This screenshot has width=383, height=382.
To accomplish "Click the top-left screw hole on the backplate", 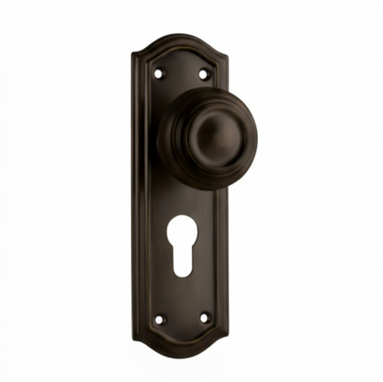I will click(159, 73).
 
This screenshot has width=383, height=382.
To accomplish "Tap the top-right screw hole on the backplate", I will click(203, 73).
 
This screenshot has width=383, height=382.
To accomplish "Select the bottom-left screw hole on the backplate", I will click(159, 319).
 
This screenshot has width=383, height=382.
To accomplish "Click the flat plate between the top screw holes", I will click(181, 72).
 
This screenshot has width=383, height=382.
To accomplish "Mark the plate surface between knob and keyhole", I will click(183, 205).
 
